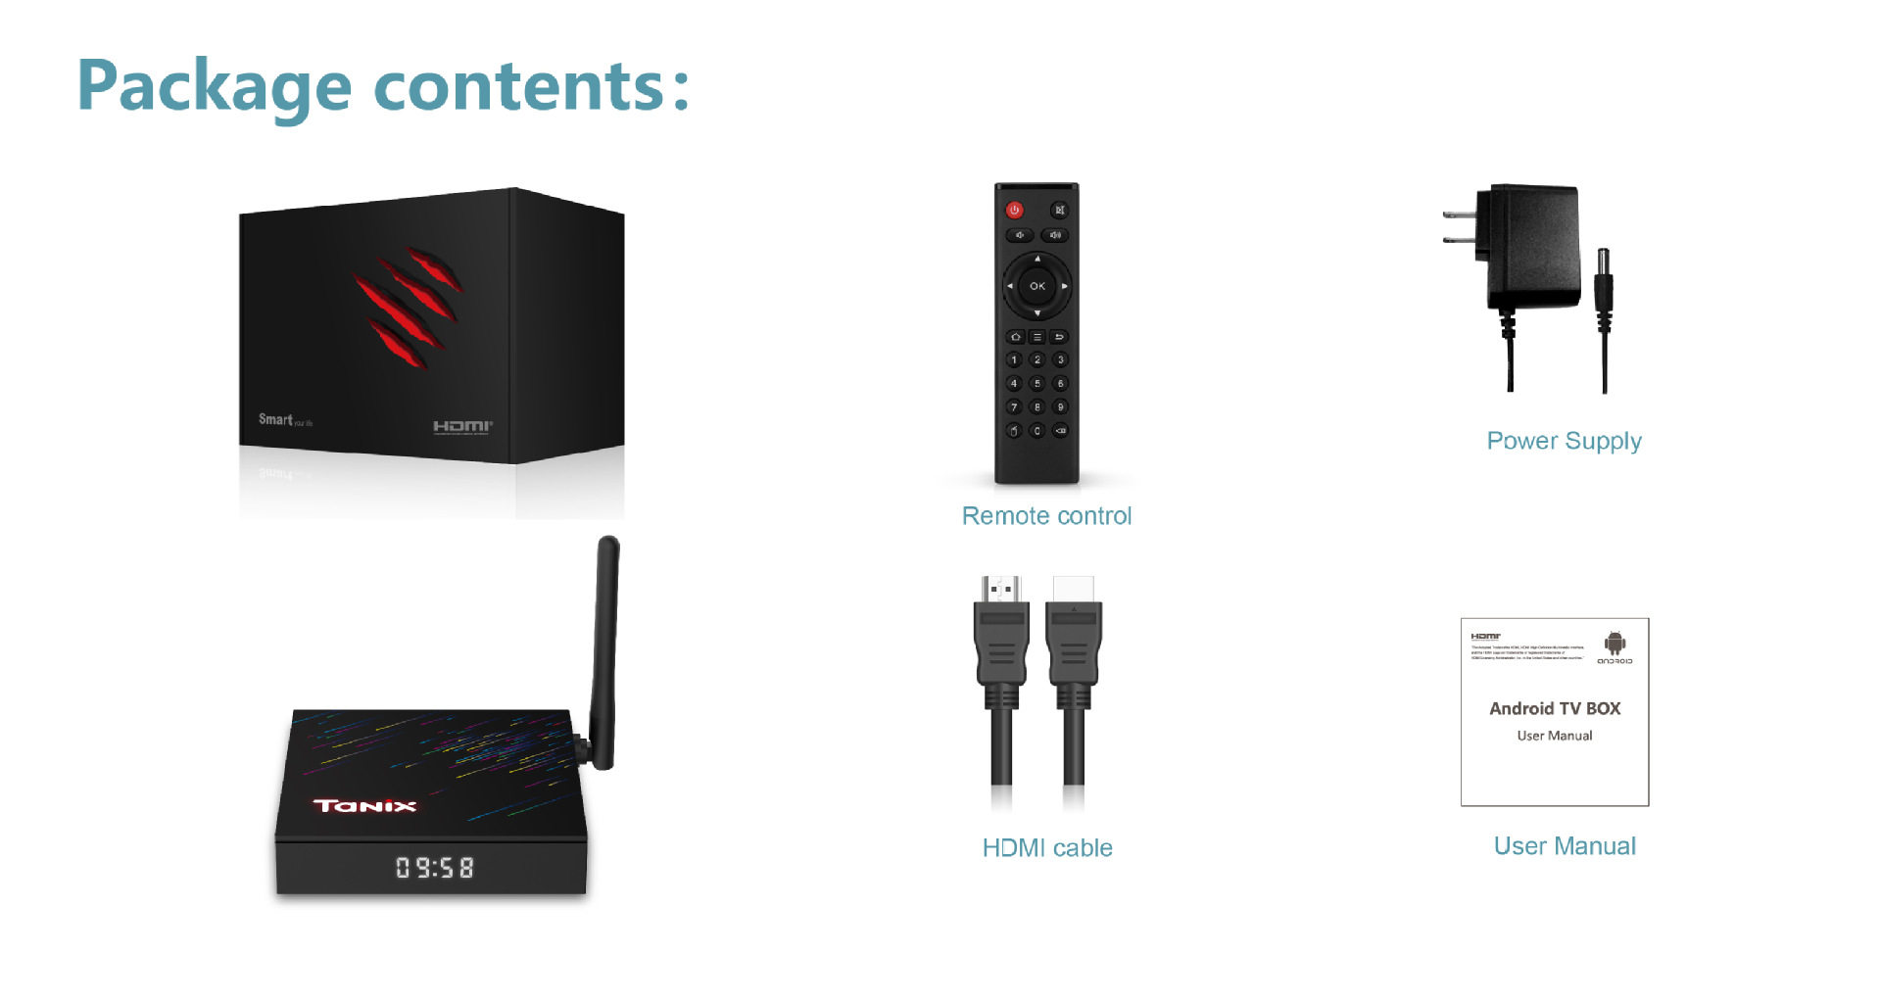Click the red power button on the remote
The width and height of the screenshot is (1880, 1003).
(1014, 210)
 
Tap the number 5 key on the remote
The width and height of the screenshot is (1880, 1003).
(1036, 384)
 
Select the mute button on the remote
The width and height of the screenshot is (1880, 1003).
(1059, 210)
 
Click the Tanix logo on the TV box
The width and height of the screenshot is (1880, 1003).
(364, 806)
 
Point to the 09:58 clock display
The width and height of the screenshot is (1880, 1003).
(434, 868)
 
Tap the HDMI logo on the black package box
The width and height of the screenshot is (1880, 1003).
(462, 426)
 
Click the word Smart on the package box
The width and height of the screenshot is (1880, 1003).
(275, 419)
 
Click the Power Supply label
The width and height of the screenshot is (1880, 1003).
(1564, 441)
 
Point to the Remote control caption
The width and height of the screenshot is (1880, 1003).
(1046, 516)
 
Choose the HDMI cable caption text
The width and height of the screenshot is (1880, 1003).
(1047, 848)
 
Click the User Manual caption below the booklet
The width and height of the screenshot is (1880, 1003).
(1565, 846)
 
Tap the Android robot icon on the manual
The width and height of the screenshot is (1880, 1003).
(1615, 644)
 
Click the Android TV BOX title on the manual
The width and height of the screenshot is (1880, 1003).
(1555, 708)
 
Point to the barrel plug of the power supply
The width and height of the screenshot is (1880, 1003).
(1604, 279)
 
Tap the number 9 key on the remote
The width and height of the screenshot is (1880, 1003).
(1060, 407)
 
